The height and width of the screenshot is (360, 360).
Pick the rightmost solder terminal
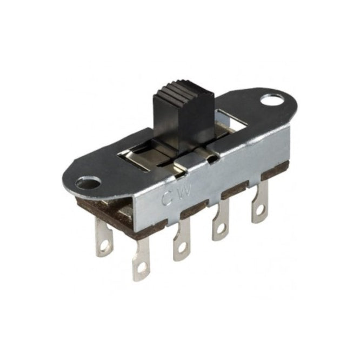260,202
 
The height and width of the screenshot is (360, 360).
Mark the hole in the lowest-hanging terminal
141,269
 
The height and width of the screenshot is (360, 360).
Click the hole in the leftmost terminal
104,246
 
